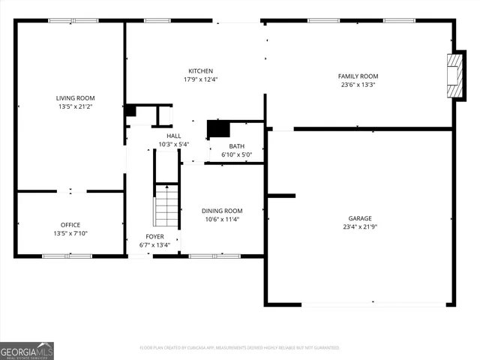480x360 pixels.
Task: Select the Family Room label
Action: pyautogui.click(x=357, y=76)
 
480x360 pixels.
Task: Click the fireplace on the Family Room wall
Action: pyautogui.click(x=454, y=75)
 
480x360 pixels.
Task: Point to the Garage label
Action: pyautogui.click(x=359, y=217)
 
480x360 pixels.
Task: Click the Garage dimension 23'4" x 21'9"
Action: pyautogui.click(x=359, y=226)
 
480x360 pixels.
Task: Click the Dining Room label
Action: pyautogui.click(x=222, y=211)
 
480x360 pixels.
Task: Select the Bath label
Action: pyautogui.click(x=236, y=146)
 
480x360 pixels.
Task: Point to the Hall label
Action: pyautogui.click(x=174, y=136)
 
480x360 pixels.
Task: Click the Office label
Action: pyautogui.click(x=70, y=225)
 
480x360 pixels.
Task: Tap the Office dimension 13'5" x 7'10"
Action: pyautogui.click(x=70, y=234)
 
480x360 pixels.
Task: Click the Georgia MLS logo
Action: pyautogui.click(x=27, y=351)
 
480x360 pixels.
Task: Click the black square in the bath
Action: pyautogui.click(x=217, y=129)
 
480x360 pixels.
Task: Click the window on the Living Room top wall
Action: pyautogui.click(x=63, y=20)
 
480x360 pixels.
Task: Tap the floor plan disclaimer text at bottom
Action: pyautogui.click(x=240, y=348)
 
